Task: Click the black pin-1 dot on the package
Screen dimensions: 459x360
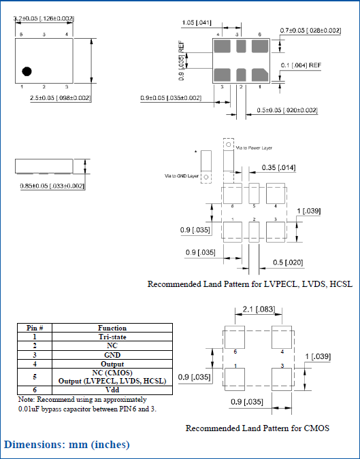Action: tap(27, 71)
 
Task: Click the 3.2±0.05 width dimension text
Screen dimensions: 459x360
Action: tap(44, 19)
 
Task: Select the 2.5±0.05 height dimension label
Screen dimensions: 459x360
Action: tap(61, 99)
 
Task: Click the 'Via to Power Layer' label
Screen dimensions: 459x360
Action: tap(255, 146)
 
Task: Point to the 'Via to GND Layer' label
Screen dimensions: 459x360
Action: tap(182, 175)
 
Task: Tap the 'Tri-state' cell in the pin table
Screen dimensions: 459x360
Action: tap(112, 337)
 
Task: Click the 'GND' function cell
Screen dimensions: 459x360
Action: tap(112, 354)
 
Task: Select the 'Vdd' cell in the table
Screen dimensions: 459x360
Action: tap(112, 390)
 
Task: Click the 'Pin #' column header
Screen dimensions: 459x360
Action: tap(34, 328)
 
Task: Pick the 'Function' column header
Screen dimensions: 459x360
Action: tap(112, 328)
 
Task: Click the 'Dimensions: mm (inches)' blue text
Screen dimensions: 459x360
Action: tap(67, 445)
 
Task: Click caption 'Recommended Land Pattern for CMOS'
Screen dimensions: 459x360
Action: tap(257, 428)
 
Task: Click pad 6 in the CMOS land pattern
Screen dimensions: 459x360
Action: tap(235, 339)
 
